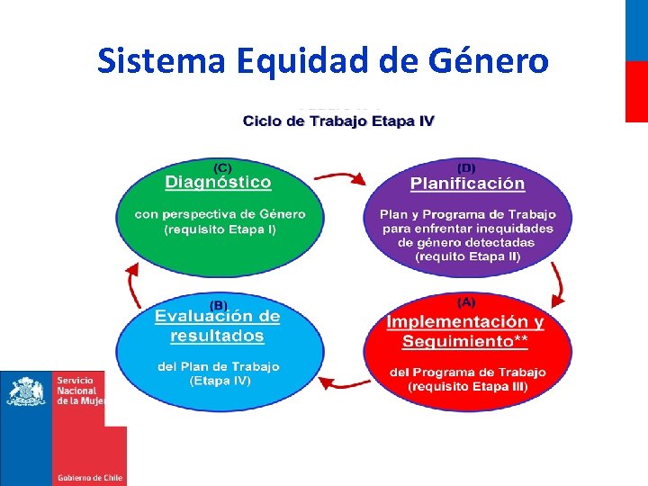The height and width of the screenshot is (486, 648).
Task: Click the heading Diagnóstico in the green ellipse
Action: click(218, 183)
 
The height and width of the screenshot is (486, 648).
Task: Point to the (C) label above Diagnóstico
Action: click(220, 166)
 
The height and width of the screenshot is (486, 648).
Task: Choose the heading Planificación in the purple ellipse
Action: click(467, 184)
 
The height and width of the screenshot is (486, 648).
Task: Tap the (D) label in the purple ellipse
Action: click(467, 167)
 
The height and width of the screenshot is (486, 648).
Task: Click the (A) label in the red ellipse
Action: click(466, 302)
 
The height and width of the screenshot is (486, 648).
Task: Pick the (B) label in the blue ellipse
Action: click(219, 304)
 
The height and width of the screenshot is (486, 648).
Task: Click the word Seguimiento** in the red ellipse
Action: click(464, 341)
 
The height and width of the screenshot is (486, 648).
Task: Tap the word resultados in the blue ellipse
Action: click(217, 337)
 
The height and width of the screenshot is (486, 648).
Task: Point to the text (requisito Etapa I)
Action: click(220, 229)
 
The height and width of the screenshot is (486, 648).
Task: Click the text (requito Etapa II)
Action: click(467, 256)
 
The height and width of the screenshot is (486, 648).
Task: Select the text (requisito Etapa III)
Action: click(467, 386)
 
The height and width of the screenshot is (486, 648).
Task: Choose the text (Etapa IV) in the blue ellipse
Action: click(220, 381)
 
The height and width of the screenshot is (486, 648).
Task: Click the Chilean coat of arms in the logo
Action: click(26, 393)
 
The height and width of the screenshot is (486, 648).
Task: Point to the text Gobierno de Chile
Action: click(89, 478)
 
